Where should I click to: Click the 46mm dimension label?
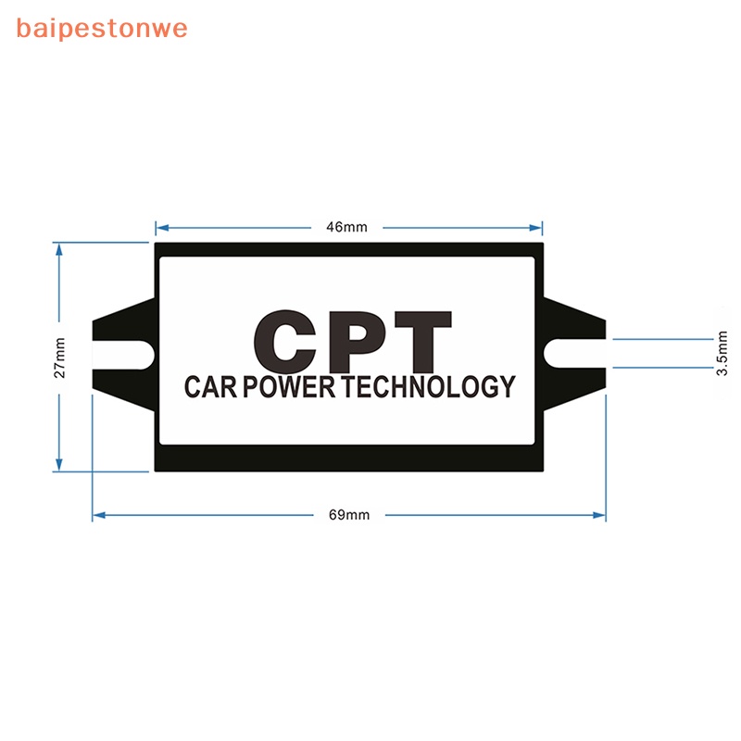pos(346,227)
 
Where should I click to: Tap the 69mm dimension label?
pos(349,515)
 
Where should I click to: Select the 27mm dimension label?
pos(59,358)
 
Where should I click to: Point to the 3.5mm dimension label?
pos(722,353)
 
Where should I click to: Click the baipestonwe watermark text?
pos(102,29)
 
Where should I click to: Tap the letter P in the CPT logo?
pos(358,342)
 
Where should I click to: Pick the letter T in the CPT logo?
pos(423,342)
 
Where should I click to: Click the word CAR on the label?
pos(211,386)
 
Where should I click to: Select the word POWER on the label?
pos(289,386)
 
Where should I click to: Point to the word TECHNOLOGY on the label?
pos(428,386)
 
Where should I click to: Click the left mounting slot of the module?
pos(124,355)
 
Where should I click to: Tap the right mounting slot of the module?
pos(574,354)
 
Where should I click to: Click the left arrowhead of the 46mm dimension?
pos(162,228)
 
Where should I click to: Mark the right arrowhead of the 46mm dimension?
pos(536,228)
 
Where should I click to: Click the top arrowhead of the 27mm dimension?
pos(59,249)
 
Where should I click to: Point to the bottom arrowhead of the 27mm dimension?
pos(59,465)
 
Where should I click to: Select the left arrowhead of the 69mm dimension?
pos(99,515)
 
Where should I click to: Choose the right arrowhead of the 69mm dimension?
pos(599,515)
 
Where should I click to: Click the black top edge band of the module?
pos(349,249)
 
